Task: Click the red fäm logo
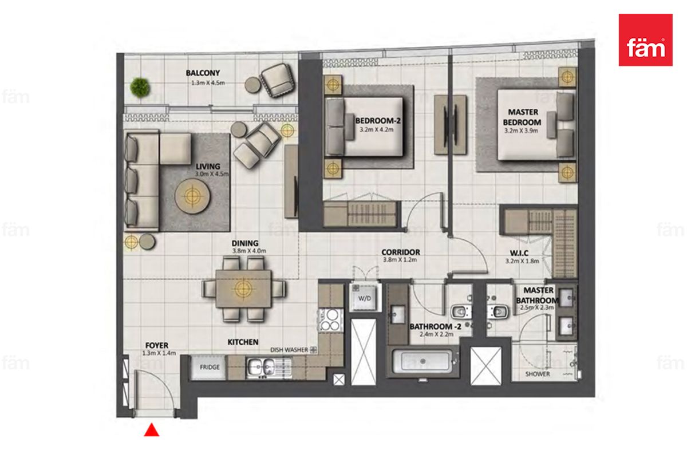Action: pyautogui.click(x=646, y=40)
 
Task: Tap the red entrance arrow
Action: pyautogui.click(x=152, y=430)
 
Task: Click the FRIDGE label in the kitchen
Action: pyautogui.click(x=210, y=367)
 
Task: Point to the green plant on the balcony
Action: pyautogui.click(x=140, y=88)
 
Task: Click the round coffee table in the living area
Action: pyautogui.click(x=192, y=195)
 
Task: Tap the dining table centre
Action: pyautogui.click(x=243, y=289)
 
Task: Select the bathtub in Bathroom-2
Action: pyautogui.click(x=423, y=362)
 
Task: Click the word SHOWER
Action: pyautogui.click(x=538, y=374)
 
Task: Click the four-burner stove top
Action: pyautogui.click(x=331, y=320)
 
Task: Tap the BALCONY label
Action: pyautogui.click(x=203, y=73)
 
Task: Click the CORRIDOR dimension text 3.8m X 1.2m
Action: pyautogui.click(x=400, y=260)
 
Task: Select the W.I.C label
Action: pyautogui.click(x=519, y=253)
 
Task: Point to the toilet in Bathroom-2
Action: pyautogui.click(x=460, y=312)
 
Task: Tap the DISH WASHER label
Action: pyautogui.click(x=289, y=350)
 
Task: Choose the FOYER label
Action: pyautogui.click(x=157, y=346)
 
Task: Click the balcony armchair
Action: pyautogui.click(x=278, y=80)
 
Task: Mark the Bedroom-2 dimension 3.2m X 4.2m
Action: pyautogui.click(x=376, y=129)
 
